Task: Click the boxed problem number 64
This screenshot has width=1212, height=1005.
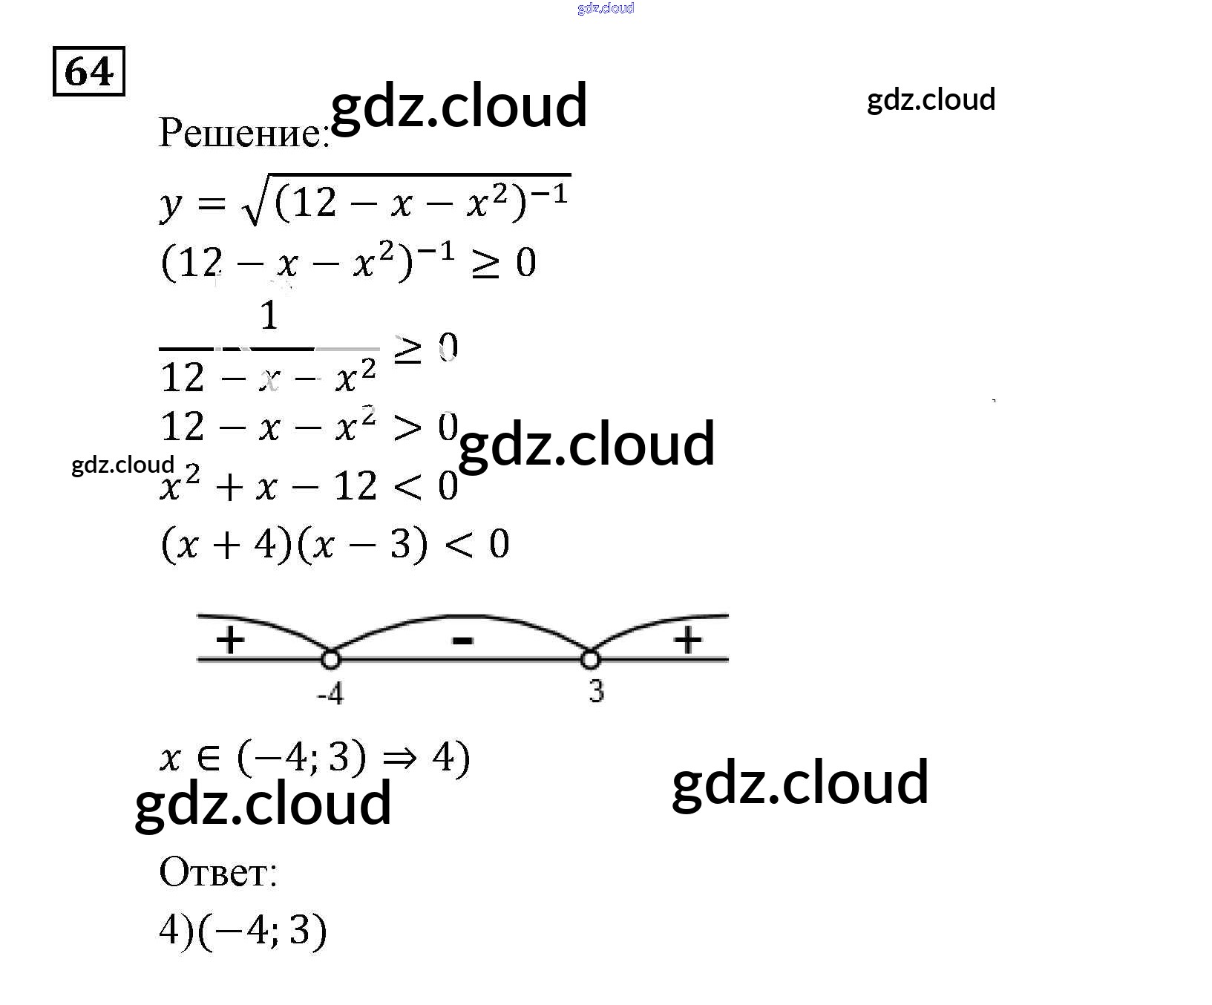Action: click(x=89, y=72)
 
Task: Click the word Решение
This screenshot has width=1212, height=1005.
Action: click(x=243, y=134)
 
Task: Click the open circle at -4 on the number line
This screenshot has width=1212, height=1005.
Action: click(x=330, y=658)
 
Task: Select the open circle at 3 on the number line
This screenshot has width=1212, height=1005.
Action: click(x=590, y=658)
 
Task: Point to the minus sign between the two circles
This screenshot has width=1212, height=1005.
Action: click(x=462, y=640)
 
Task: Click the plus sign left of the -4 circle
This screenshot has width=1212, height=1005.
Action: click(x=230, y=640)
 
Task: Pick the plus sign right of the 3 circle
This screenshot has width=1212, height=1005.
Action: click(x=687, y=640)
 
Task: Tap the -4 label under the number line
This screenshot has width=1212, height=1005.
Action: click(x=330, y=695)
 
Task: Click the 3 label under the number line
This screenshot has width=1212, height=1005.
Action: click(x=597, y=692)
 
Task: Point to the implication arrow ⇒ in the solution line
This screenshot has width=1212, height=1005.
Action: click(x=399, y=759)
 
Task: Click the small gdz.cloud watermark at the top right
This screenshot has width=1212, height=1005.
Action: click(x=931, y=99)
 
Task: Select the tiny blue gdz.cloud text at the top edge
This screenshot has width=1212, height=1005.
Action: click(x=606, y=8)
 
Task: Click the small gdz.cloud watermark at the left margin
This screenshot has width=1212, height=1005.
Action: click(x=122, y=465)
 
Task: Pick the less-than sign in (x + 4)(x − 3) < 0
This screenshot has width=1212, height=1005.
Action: click(x=459, y=546)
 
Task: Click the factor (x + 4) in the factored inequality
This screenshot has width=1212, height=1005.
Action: click(x=226, y=546)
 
